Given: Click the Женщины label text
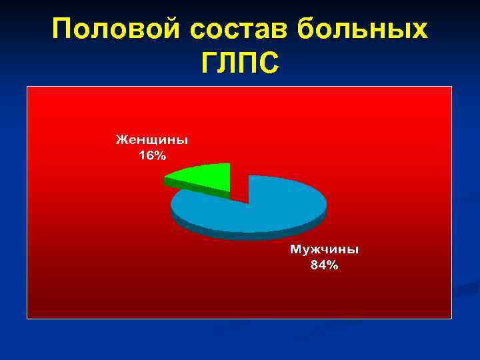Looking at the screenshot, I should pos(152,140).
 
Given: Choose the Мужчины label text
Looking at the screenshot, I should pos(324,249).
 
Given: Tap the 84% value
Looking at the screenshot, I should pos(324,265).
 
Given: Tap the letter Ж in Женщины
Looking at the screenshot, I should pos(122,140).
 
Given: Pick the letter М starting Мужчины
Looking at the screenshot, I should pos(295,249).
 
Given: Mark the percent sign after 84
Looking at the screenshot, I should pos(332,265).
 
